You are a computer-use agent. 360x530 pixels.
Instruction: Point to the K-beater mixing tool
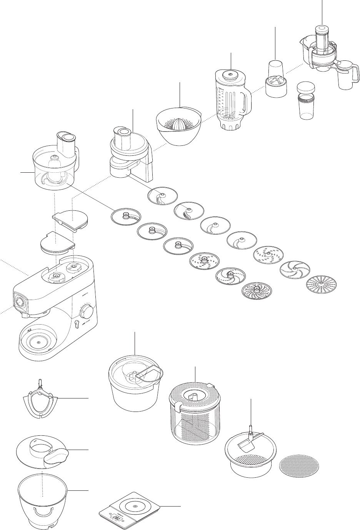tap(40, 403)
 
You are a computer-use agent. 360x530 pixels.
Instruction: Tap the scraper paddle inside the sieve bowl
tap(247, 446)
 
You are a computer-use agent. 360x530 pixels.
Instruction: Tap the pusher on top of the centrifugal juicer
tap(322, 35)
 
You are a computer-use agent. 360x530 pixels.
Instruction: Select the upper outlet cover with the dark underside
tap(70, 218)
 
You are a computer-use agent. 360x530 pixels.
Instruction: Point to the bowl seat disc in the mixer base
tap(37, 341)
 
